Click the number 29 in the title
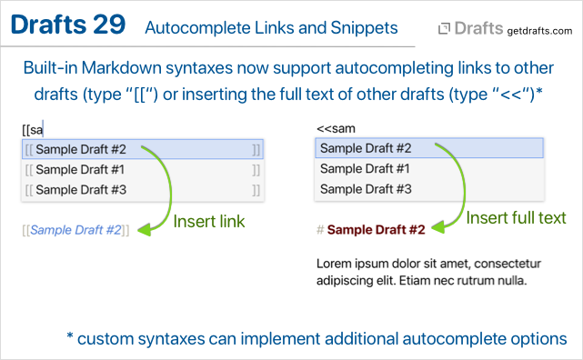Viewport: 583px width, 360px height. tap(109, 25)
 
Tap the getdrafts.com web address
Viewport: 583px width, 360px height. tap(539, 31)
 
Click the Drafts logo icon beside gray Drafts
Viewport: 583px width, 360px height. tap(444, 28)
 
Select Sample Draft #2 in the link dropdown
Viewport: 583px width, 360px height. tap(81, 149)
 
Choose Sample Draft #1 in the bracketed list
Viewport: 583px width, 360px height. tap(80, 169)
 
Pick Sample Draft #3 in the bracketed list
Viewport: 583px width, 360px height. tap(81, 190)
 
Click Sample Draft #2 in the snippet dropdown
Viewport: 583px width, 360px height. tap(366, 148)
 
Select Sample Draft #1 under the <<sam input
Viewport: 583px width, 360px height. tap(365, 169)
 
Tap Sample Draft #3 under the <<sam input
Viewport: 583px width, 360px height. tap(366, 189)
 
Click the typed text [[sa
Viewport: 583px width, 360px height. tap(33, 130)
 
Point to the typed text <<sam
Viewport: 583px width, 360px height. tap(336, 128)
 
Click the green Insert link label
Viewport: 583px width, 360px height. tap(209, 222)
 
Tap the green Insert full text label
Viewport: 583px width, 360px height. tap(516, 217)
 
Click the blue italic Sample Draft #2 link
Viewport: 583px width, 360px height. tap(75, 230)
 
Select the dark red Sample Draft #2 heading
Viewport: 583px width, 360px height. tap(376, 230)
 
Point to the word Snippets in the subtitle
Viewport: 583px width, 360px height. tap(364, 28)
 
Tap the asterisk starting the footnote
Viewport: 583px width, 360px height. tap(69, 335)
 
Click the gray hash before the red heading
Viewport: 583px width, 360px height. tap(320, 230)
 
